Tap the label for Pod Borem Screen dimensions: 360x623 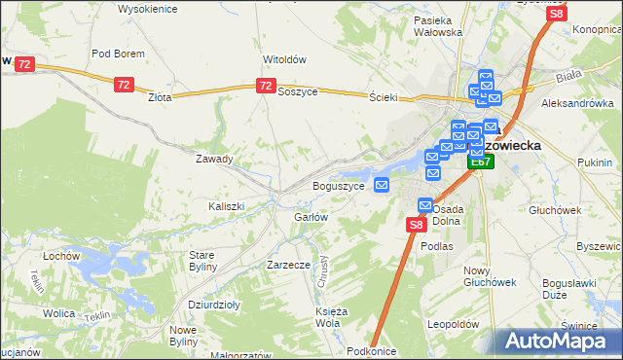pyautogui.click(x=118, y=54)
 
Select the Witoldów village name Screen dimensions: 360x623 pyautogui.click(x=284, y=58)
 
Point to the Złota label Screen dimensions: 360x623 pyautogui.click(x=159, y=97)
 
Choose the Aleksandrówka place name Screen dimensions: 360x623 pyautogui.click(x=577, y=102)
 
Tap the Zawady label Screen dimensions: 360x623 pyautogui.click(x=214, y=159)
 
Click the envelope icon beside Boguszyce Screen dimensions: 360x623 pyautogui.click(x=383, y=185)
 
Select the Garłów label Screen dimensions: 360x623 pyautogui.click(x=311, y=217)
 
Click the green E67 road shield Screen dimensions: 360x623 pyautogui.click(x=479, y=162)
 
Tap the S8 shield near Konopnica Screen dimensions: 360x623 pyautogui.click(x=556, y=14)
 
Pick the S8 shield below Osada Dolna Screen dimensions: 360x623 pyautogui.click(x=416, y=225)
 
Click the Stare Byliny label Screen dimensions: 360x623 pyautogui.click(x=207, y=260)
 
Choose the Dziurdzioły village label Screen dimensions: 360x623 pyautogui.click(x=214, y=304)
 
